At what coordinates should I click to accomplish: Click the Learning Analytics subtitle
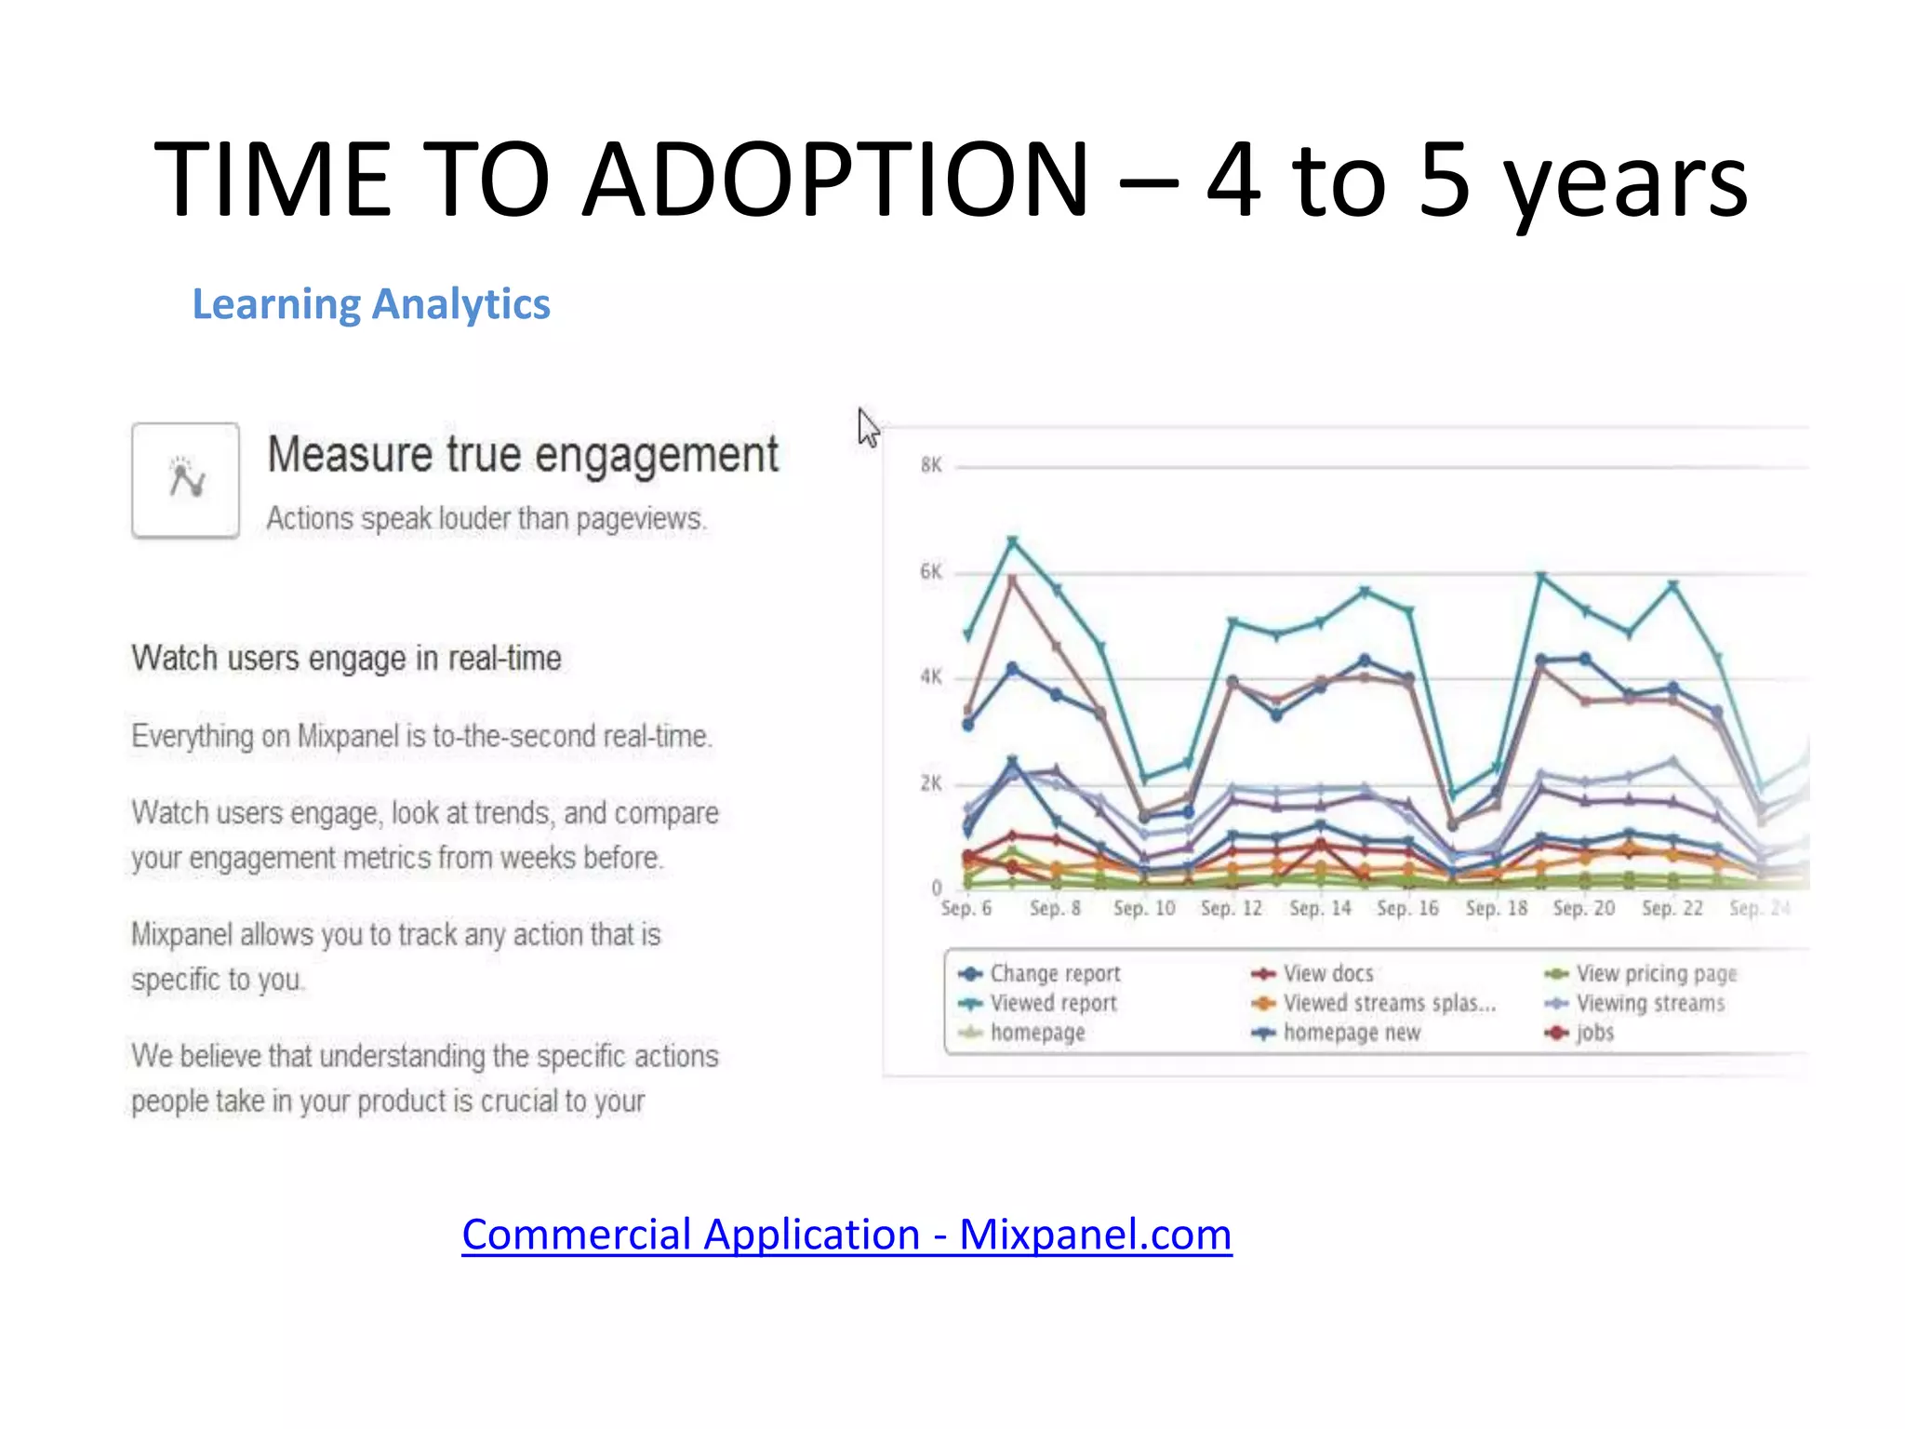pos(370,304)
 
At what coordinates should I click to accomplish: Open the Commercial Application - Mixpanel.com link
pos(846,1235)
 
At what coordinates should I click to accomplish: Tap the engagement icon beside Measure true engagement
pos(186,480)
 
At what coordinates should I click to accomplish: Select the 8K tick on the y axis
pos(931,465)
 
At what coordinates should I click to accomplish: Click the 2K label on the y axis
pos(931,783)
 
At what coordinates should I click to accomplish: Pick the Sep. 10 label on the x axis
pos(1144,908)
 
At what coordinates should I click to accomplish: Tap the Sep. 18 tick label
pos(1496,908)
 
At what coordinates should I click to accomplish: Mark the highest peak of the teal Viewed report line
pos(1013,540)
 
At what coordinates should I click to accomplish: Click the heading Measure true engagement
pos(523,455)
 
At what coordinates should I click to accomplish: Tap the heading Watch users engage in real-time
pos(346,659)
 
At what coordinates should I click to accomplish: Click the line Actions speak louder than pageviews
pos(486,518)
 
